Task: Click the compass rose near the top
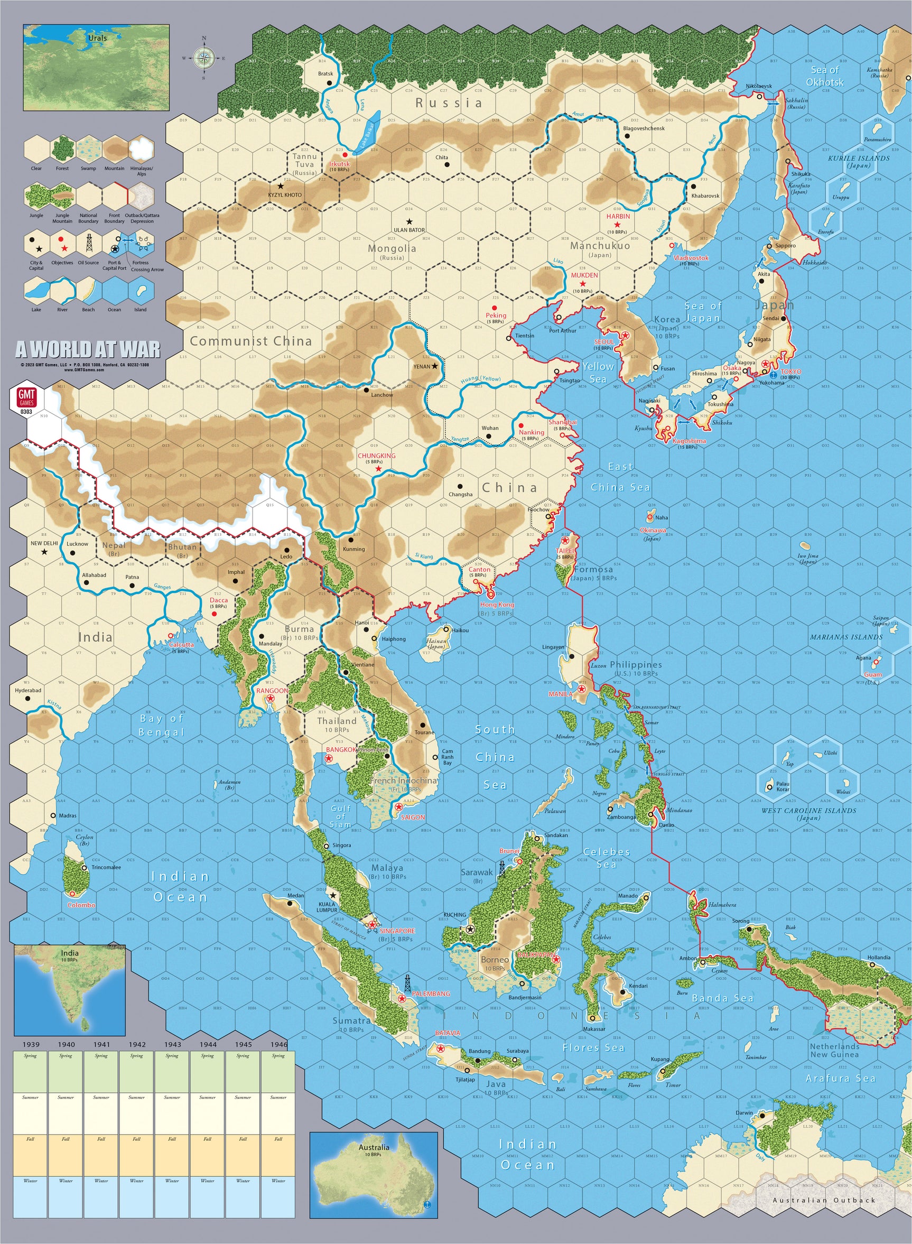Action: (x=204, y=58)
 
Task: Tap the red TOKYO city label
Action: (x=790, y=372)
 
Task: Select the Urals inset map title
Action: (x=97, y=38)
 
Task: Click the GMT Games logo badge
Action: (x=26, y=398)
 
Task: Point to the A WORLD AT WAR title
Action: (x=88, y=349)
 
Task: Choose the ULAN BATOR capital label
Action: (x=409, y=230)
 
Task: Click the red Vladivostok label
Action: (x=691, y=258)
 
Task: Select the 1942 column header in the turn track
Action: (x=137, y=1044)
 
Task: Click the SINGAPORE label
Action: (x=397, y=931)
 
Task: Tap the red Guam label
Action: (x=873, y=675)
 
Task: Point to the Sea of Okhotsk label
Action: (x=824, y=76)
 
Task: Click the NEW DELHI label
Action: (x=44, y=543)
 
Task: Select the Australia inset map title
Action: (x=374, y=1147)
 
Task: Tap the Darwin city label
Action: (x=743, y=1112)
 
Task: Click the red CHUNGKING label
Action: (x=377, y=456)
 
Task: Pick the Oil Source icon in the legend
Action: (x=88, y=243)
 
